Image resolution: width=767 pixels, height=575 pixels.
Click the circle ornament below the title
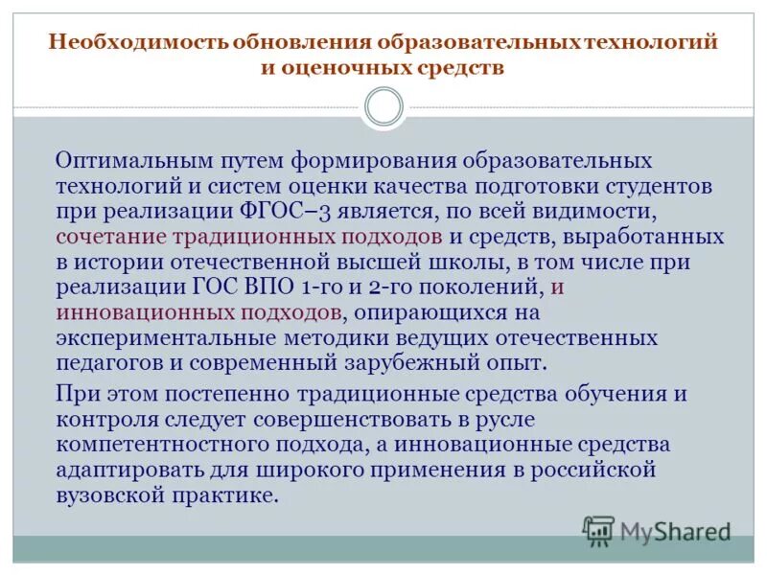[x=384, y=106]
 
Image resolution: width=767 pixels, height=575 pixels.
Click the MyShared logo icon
[x=598, y=531]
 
